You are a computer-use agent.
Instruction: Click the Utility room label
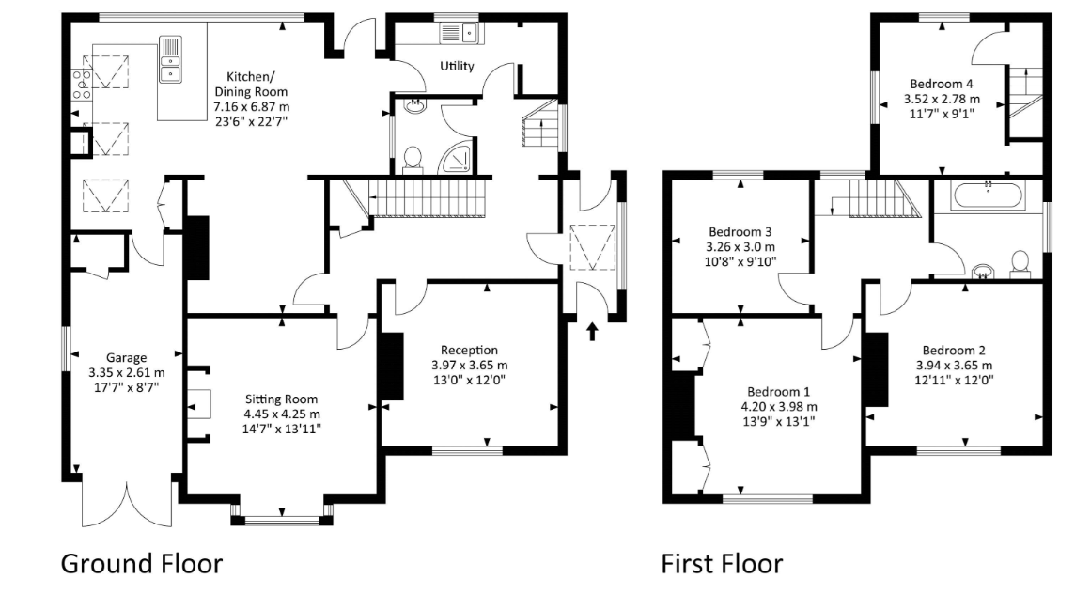pyautogui.click(x=457, y=66)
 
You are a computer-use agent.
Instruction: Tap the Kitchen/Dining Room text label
pyautogui.click(x=251, y=85)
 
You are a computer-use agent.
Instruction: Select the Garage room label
pyautogui.click(x=126, y=357)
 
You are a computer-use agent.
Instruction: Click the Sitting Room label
pyautogui.click(x=281, y=399)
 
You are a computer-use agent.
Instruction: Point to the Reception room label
pyautogui.click(x=469, y=350)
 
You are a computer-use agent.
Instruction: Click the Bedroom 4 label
pyautogui.click(x=942, y=84)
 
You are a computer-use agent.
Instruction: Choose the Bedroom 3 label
pyautogui.click(x=740, y=232)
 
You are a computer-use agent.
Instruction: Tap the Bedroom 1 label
pyautogui.click(x=778, y=392)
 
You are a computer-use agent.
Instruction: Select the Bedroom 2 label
pyautogui.click(x=954, y=350)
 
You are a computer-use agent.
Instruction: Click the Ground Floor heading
pyautogui.click(x=142, y=564)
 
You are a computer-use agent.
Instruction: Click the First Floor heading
pyautogui.click(x=722, y=564)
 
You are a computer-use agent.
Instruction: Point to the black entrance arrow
pyautogui.click(x=592, y=332)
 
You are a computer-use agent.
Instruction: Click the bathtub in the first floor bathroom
pyautogui.click(x=988, y=195)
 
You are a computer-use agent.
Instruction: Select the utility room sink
pyautogui.click(x=460, y=32)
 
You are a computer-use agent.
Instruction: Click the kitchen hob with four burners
pyautogui.click(x=83, y=85)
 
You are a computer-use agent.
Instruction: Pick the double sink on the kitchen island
pyautogui.click(x=171, y=59)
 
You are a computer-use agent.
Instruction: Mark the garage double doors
pyautogui.click(x=127, y=504)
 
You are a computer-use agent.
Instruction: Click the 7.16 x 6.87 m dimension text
pyautogui.click(x=251, y=107)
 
